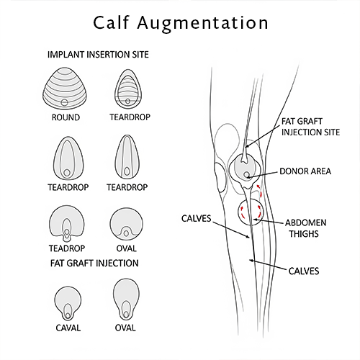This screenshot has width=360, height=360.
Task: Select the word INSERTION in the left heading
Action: pyautogui.click(x=106, y=54)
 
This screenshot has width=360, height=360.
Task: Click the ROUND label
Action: pyautogui.click(x=66, y=117)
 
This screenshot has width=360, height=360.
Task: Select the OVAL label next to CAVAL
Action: pyautogui.click(x=125, y=328)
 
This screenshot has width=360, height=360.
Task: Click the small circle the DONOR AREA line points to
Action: pyautogui.click(x=247, y=175)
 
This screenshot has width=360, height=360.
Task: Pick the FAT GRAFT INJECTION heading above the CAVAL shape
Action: pyautogui.click(x=94, y=264)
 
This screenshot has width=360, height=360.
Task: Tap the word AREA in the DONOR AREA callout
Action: pyautogui.click(x=320, y=172)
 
